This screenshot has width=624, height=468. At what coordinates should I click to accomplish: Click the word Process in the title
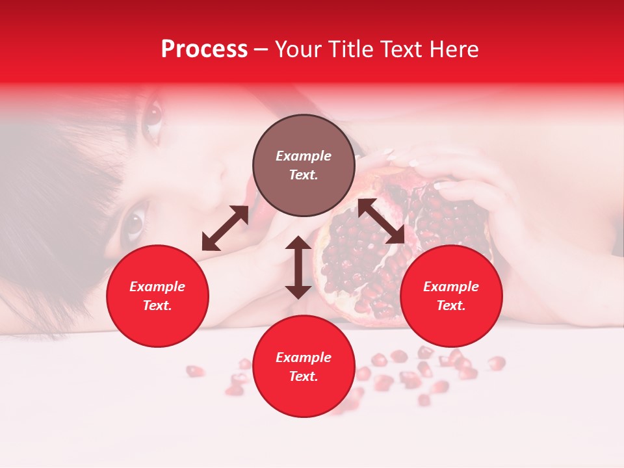click(204, 49)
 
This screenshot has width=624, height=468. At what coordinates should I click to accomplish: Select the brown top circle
click(304, 166)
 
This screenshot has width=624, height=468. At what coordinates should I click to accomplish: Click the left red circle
click(157, 296)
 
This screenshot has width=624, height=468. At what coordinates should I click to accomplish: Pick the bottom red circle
click(304, 367)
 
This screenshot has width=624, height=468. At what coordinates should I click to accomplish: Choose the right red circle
click(451, 296)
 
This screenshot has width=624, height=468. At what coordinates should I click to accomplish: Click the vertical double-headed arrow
click(298, 267)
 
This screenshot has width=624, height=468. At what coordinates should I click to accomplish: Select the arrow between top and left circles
click(225, 228)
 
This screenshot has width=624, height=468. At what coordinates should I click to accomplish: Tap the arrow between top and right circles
click(381, 221)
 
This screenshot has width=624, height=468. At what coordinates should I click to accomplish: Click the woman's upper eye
click(153, 115)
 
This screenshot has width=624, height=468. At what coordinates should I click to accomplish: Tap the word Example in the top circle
click(304, 156)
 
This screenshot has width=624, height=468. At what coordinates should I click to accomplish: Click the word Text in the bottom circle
click(304, 376)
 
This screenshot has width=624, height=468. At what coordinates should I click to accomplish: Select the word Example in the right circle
click(451, 287)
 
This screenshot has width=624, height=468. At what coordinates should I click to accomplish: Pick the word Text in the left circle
click(157, 306)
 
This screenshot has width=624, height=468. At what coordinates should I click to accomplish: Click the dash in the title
click(261, 49)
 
